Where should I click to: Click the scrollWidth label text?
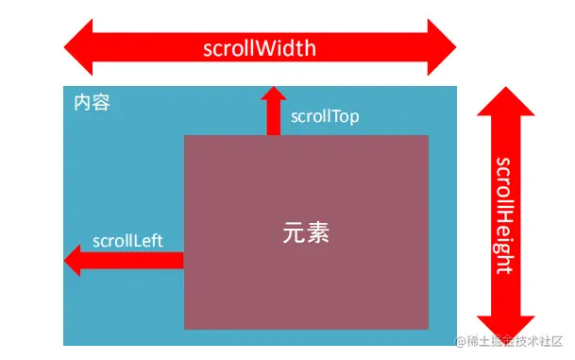pos(260,48)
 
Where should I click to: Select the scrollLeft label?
pos(127,241)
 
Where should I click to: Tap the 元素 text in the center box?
pos(306,232)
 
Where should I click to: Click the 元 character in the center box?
pos(294,232)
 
